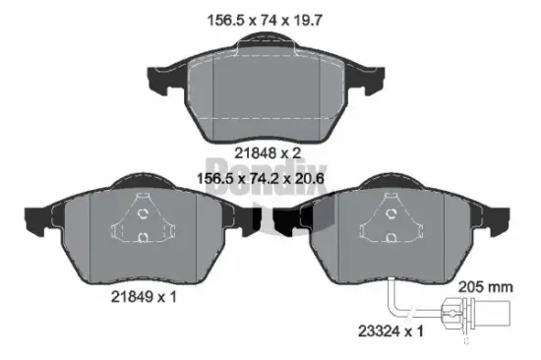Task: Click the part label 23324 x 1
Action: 390,332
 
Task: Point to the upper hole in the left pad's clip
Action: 144,213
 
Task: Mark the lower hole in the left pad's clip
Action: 144,236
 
